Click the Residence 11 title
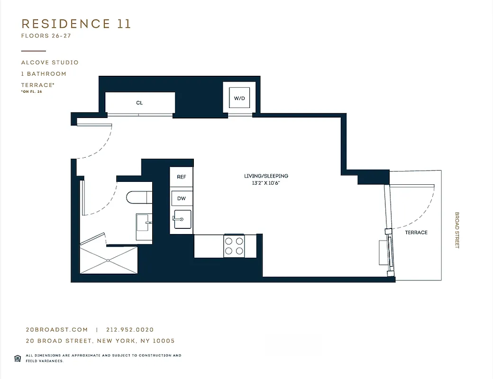pyautogui.click(x=76, y=24)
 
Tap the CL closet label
pyautogui.click(x=139, y=103)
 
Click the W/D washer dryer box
pyautogui.click(x=239, y=99)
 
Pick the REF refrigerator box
pyautogui.click(x=182, y=177)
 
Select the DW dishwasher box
pyautogui.click(x=182, y=199)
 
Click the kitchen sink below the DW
pyautogui.click(x=183, y=219)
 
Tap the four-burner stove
pyautogui.click(x=234, y=246)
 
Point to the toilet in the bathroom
pyautogui.click(x=137, y=197)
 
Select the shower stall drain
pyautogui.click(x=109, y=260)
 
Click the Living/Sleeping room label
pyautogui.click(x=266, y=176)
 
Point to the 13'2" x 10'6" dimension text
pyautogui.click(x=266, y=183)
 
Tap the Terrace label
pyautogui.click(x=416, y=233)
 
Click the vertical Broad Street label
pyautogui.click(x=457, y=230)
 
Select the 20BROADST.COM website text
pyautogui.click(x=56, y=330)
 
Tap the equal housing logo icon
pyautogui.click(x=18, y=358)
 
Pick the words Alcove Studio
pyautogui.click(x=50, y=63)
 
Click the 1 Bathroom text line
pyautogui.click(x=44, y=74)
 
